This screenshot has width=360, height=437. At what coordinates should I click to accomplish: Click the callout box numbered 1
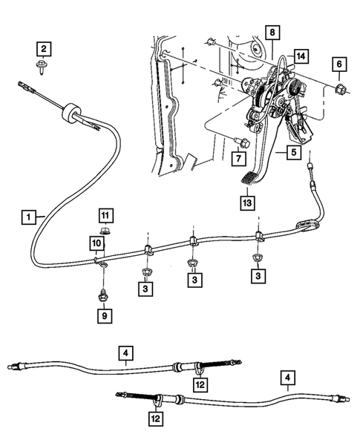pos(27,217)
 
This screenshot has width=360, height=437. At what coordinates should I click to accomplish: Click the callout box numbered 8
pos(272,33)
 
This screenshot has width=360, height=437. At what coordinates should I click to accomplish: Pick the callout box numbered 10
pos(96,243)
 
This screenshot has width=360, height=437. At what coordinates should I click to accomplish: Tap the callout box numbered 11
pos(105,215)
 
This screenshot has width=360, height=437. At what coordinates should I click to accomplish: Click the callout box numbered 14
pos(300,56)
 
